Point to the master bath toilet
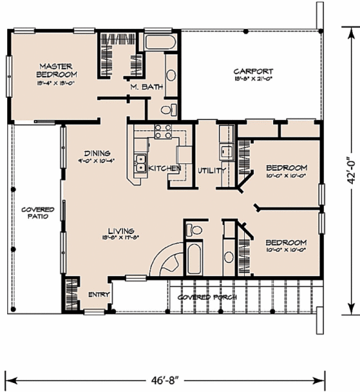(x=170, y=109)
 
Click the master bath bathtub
(x=160, y=43)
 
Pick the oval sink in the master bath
(x=170, y=75)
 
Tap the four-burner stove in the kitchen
(x=163, y=131)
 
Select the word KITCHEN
(x=164, y=169)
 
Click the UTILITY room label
(x=212, y=170)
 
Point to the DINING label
(x=96, y=153)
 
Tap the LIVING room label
(x=121, y=231)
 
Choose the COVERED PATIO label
(x=37, y=213)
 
